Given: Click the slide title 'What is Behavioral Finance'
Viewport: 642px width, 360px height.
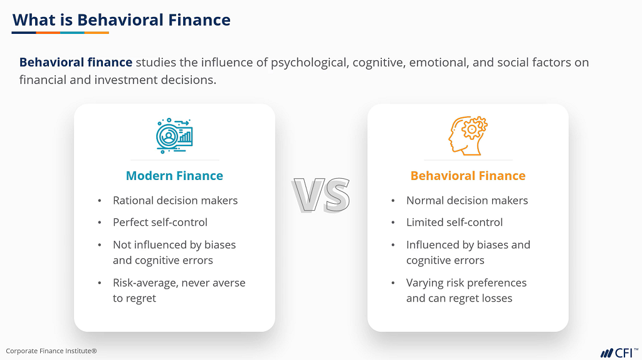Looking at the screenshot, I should click(121, 19).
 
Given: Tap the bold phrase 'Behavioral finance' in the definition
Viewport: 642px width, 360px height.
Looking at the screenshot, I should click(76, 63).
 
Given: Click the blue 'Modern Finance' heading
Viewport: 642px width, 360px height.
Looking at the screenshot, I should click(174, 176).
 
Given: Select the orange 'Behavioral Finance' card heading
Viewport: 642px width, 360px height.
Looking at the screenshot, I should click(468, 176).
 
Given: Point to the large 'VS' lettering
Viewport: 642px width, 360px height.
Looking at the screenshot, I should click(321, 195).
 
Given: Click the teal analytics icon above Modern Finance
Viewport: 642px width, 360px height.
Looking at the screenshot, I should click(174, 134).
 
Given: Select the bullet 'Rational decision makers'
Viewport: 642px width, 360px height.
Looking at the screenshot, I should click(175, 201).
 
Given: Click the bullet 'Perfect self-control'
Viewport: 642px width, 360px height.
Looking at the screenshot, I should click(160, 222).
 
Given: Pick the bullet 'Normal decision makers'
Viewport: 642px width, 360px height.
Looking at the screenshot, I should click(467, 201).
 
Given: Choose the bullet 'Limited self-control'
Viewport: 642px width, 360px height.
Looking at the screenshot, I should click(455, 222).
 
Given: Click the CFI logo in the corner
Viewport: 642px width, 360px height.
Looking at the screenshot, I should click(619, 351).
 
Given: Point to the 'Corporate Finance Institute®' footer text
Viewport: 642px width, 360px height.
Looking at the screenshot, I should click(51, 351).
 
